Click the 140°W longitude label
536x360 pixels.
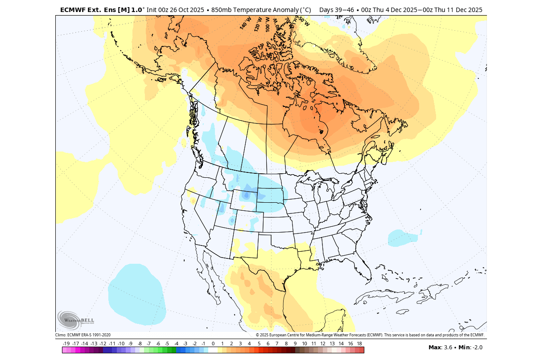245,23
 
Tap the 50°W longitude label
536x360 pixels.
304,21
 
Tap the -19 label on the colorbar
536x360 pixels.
66,344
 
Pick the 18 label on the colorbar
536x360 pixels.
359,344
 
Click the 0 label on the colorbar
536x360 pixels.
213,344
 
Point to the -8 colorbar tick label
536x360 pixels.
140,344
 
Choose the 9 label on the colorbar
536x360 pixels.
295,344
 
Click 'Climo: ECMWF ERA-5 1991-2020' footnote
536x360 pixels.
83,335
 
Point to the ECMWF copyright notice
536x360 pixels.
370,335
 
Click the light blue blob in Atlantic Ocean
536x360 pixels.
404,237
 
